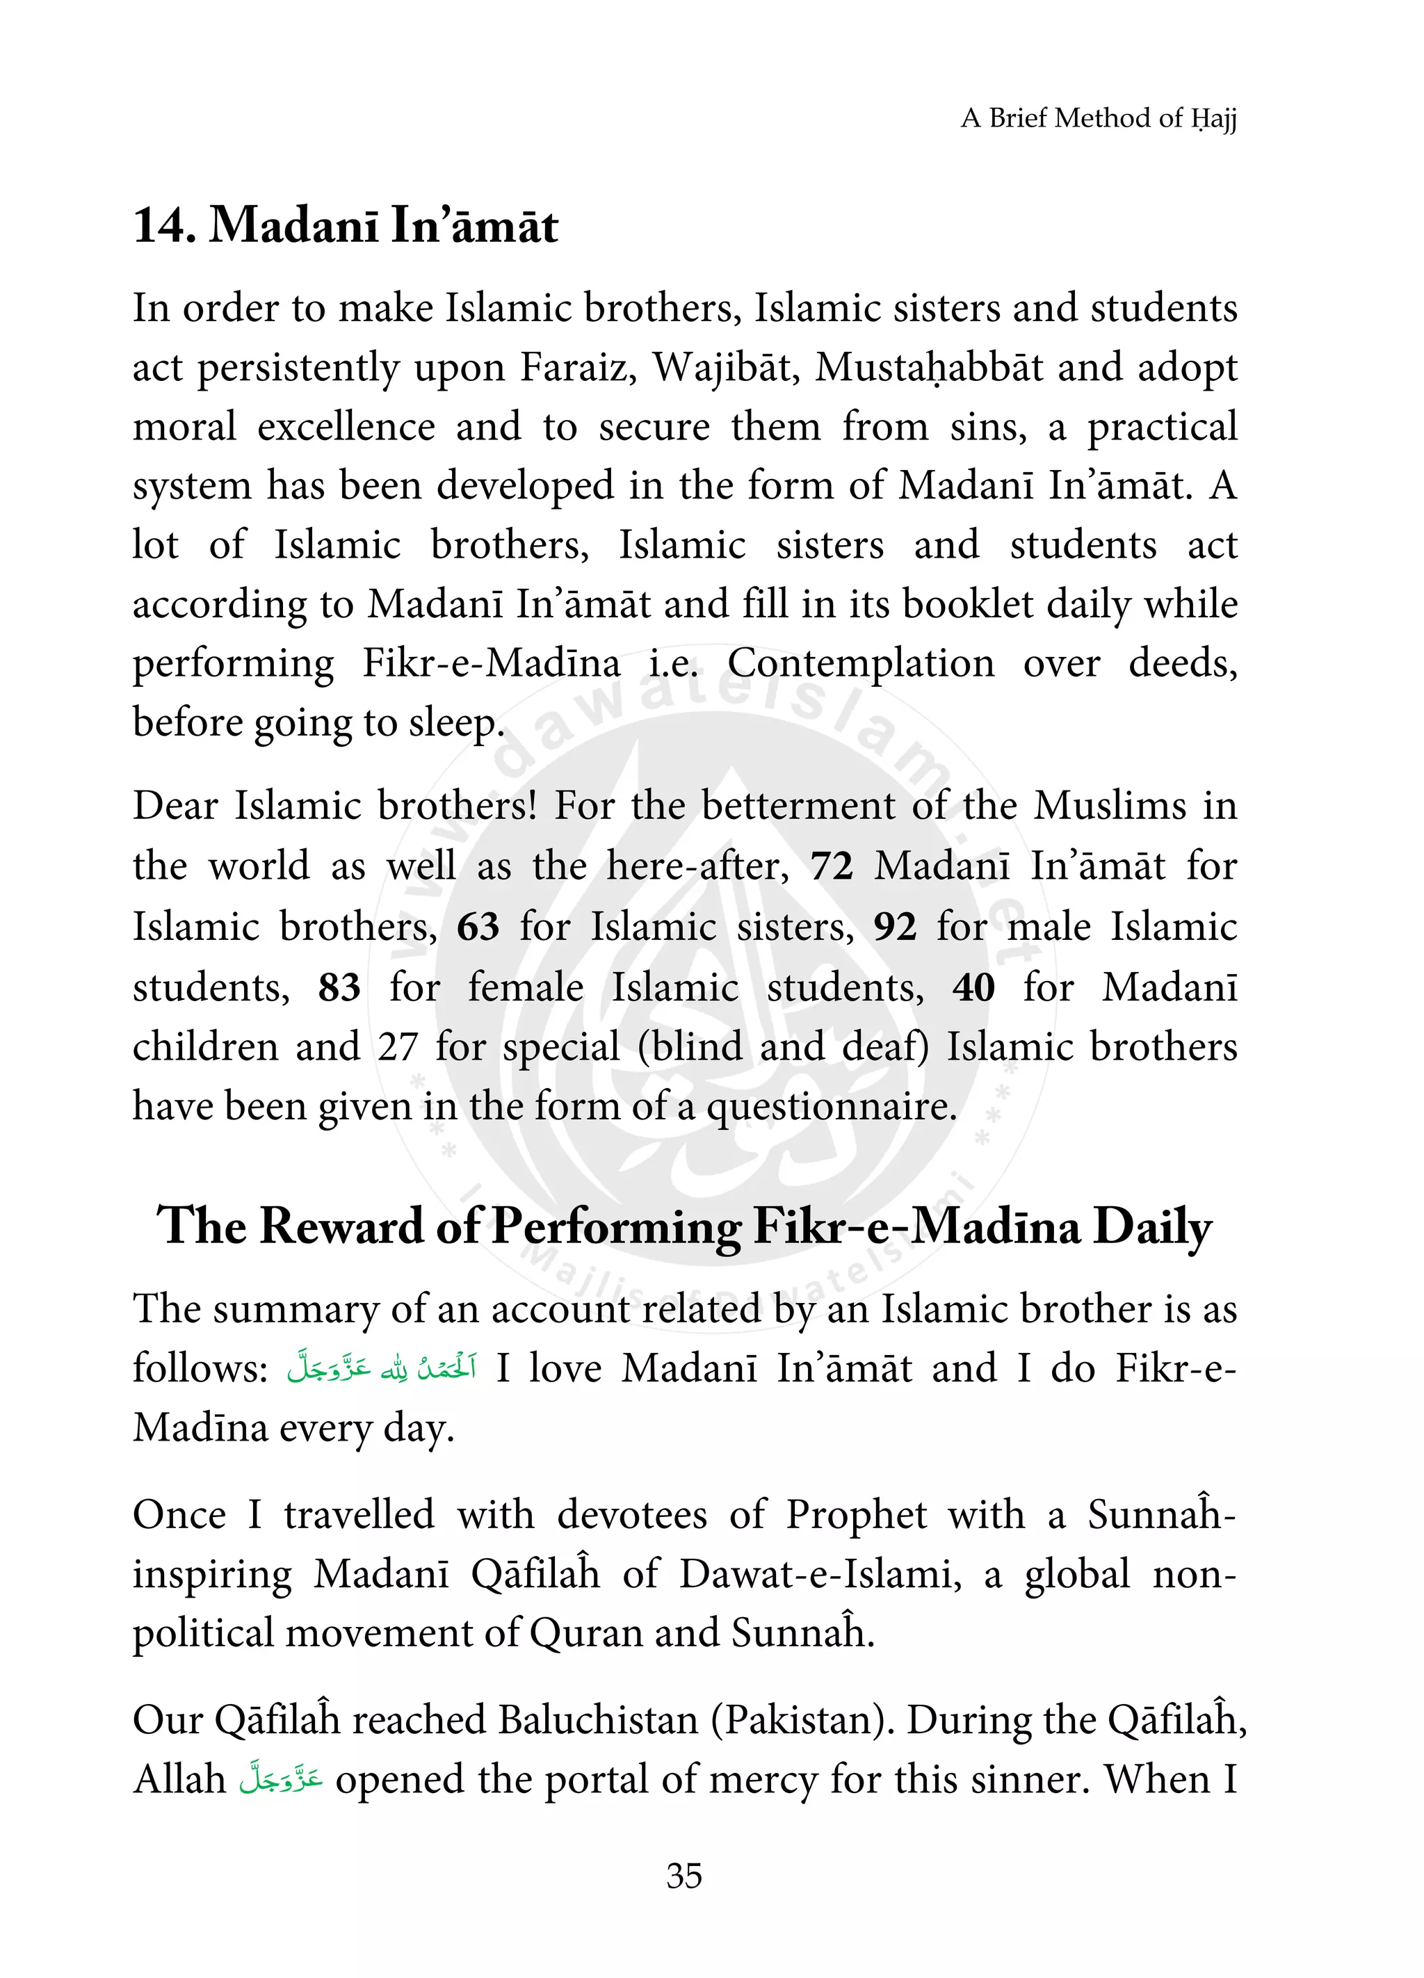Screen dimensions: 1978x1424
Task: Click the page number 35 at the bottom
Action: click(x=683, y=1875)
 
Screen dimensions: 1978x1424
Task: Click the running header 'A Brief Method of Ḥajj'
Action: click(x=1098, y=117)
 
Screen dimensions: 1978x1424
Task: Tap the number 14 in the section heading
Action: click(x=158, y=226)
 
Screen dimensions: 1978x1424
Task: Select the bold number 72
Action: click(x=831, y=867)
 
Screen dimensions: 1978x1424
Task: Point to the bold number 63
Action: click(x=478, y=927)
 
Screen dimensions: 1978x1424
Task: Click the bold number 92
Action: click(x=895, y=927)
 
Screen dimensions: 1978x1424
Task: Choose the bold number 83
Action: click(x=339, y=988)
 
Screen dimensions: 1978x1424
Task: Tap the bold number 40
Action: click(x=973, y=988)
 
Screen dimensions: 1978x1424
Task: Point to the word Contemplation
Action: click(x=861, y=664)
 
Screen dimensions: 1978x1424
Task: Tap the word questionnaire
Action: click(x=831, y=1108)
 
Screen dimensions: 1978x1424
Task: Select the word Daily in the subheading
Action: click(x=1152, y=1226)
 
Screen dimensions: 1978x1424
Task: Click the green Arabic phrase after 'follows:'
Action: click(x=381, y=1368)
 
